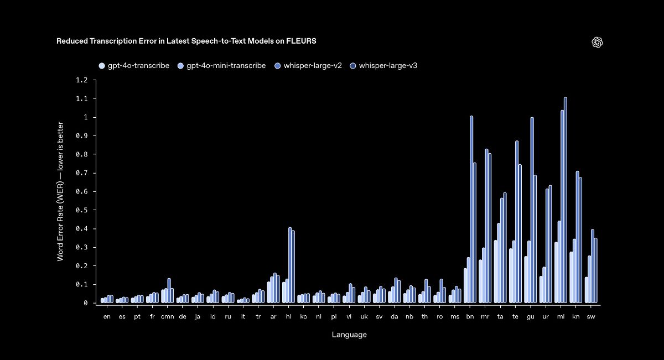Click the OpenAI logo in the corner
click(597, 43)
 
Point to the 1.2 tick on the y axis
click(82, 80)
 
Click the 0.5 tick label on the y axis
click(82, 210)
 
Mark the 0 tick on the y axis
click(86, 303)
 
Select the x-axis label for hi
click(288, 317)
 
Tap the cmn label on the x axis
click(167, 317)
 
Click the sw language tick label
click(591, 317)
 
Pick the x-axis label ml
click(561, 317)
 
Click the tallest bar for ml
click(565, 200)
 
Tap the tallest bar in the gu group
click(532, 210)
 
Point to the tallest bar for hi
click(290, 265)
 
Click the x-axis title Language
click(349, 335)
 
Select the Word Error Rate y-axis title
click(60, 192)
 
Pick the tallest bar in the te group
click(517, 222)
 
